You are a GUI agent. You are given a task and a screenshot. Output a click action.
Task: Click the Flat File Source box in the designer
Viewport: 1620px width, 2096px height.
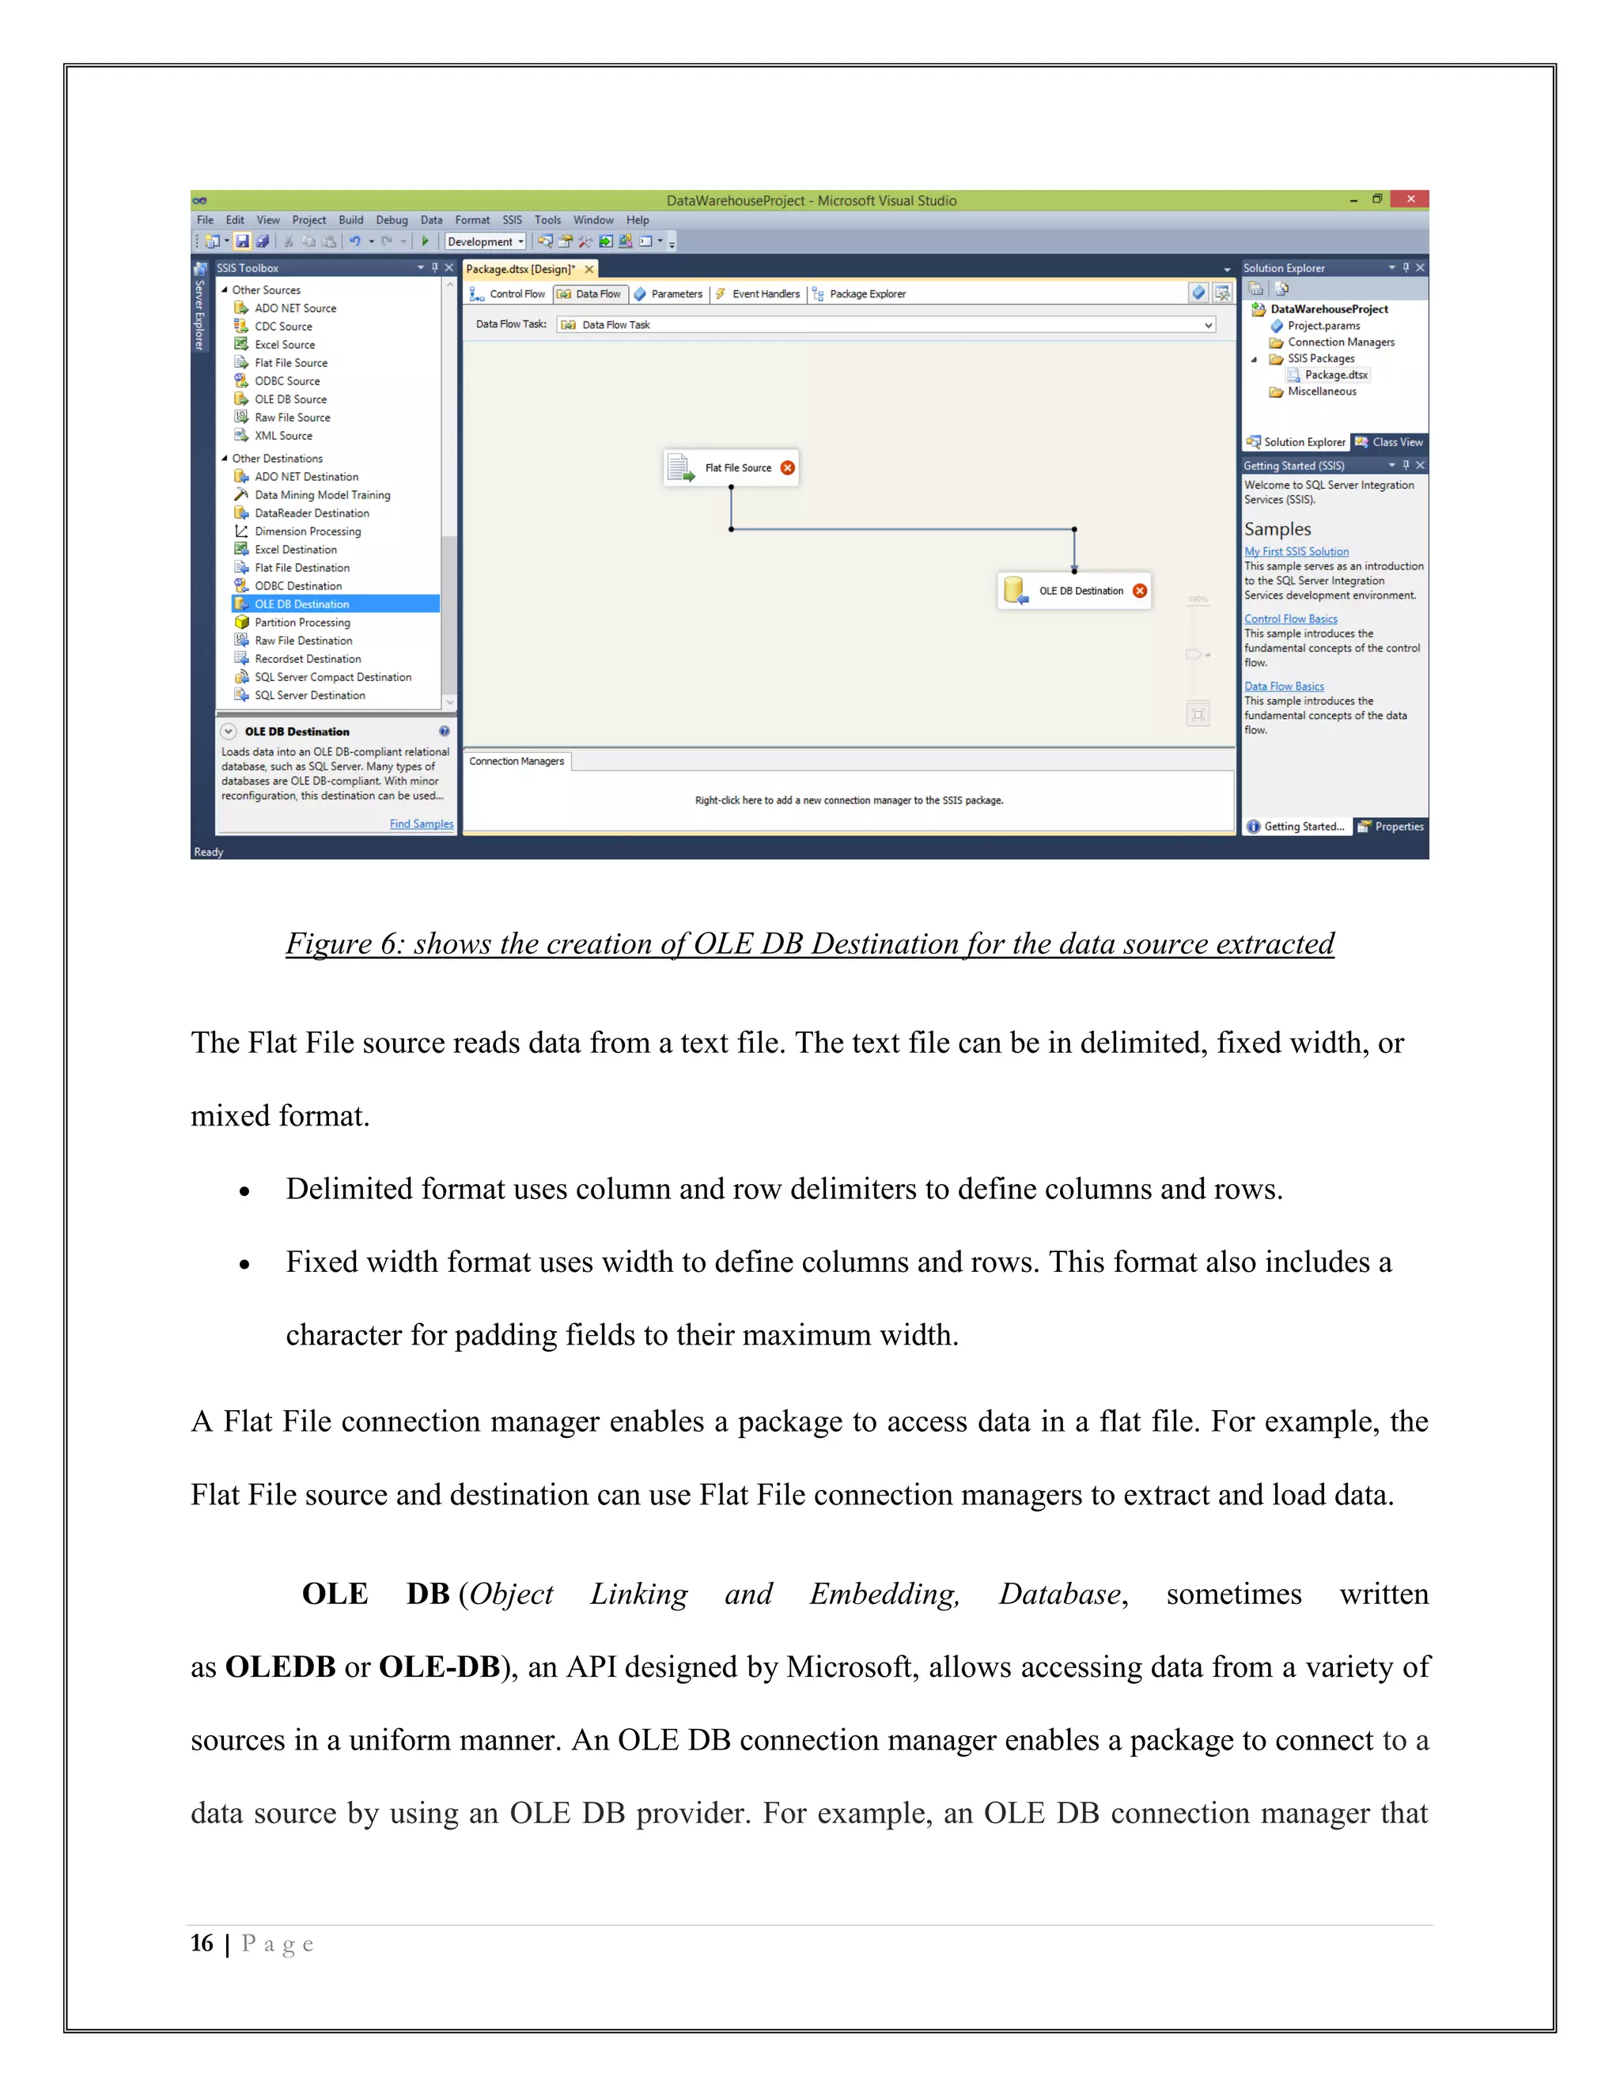[729, 467]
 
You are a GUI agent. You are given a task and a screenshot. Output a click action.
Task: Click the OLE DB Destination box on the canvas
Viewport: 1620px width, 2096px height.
[1073, 590]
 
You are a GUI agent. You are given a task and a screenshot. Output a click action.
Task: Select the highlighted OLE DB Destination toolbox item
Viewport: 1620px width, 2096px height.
[301, 603]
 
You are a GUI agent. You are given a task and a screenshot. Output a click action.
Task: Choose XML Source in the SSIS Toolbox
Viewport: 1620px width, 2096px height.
[283, 436]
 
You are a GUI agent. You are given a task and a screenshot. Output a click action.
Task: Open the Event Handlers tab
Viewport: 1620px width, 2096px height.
[765, 293]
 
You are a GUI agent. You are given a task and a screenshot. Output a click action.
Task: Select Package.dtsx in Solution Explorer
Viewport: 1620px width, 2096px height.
[1335, 375]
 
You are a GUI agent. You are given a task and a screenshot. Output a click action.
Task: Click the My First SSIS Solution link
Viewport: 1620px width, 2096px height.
[1296, 550]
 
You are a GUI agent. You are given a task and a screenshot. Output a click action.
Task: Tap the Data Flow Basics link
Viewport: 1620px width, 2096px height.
[1283, 687]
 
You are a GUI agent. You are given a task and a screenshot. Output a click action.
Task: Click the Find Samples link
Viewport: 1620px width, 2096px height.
[422, 823]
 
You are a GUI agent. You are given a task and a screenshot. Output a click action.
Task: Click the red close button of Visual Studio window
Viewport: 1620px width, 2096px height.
[1410, 199]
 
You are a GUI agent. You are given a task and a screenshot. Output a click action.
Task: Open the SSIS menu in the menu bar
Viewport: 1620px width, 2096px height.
[512, 220]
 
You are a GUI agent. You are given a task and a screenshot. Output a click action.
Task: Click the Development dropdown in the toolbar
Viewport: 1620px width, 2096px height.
[486, 242]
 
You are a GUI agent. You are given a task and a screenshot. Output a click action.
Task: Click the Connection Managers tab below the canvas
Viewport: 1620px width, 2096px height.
[517, 761]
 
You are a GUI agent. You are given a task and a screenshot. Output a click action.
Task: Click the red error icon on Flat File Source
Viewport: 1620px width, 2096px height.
[788, 467]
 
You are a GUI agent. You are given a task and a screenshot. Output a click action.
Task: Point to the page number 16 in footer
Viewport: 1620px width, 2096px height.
[202, 1943]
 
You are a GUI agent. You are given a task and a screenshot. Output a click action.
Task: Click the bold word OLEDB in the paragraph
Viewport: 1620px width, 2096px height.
[279, 1667]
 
